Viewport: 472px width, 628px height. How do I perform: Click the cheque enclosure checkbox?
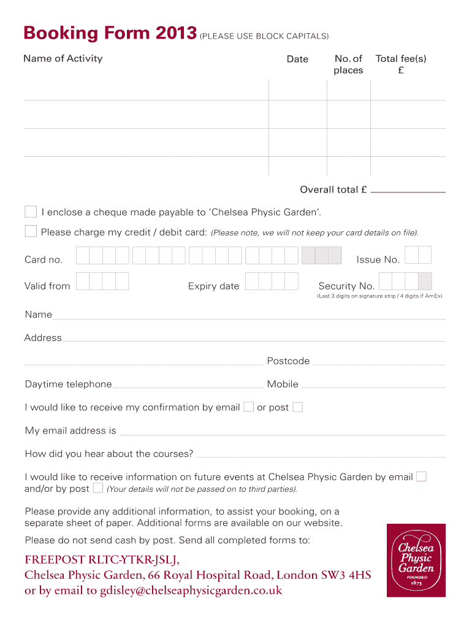tap(31, 212)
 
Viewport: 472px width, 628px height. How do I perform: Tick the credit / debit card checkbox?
tap(31, 231)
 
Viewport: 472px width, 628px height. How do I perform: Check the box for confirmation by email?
tap(248, 407)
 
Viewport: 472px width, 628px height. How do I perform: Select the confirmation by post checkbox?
tap(297, 407)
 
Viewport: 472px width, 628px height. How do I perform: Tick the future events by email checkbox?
tap(421, 477)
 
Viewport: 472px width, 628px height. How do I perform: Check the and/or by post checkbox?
tap(98, 488)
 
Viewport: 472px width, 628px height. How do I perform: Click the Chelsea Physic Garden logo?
tap(416, 560)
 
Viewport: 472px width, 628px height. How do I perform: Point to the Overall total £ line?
tap(408, 191)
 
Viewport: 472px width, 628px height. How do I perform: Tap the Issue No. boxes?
tap(418, 255)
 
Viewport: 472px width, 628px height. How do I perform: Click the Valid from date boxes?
tap(102, 281)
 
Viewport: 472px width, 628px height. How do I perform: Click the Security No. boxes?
tap(405, 281)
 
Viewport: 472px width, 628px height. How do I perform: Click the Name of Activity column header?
tap(63, 59)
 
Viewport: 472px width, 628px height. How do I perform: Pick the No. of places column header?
tap(348, 64)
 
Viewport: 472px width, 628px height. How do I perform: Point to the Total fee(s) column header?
tap(401, 64)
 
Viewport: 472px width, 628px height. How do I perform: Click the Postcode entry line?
tap(379, 364)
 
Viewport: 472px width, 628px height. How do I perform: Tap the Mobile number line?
tap(373, 388)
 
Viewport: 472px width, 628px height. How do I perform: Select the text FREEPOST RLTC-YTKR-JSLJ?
tap(103, 559)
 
